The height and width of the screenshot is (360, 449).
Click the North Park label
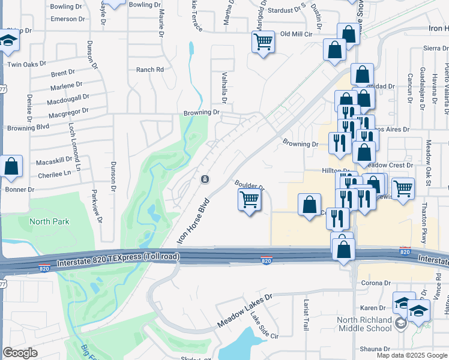pos(50,221)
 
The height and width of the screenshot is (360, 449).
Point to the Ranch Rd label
pos(149,70)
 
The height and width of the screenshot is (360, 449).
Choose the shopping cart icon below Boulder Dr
pos(250,200)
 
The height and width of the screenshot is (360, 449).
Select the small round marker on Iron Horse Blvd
pos(205,179)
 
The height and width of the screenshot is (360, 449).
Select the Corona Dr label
pos(376,283)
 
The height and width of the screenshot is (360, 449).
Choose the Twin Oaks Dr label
pos(26,64)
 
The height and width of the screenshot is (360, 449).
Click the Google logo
pos(20,353)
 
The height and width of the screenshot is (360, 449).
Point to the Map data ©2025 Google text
pos(412,355)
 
